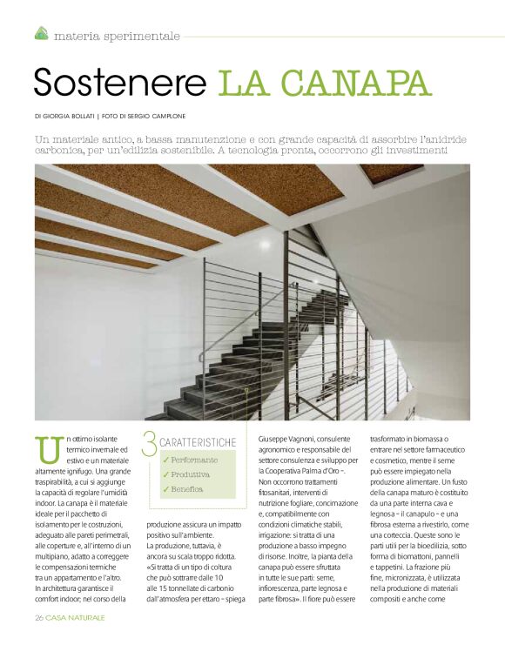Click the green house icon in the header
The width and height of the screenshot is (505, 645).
(x=41, y=34)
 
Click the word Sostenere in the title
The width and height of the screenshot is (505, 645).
(x=119, y=82)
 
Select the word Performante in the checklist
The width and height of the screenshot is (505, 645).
(x=195, y=460)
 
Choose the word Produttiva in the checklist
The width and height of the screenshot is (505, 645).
(x=191, y=474)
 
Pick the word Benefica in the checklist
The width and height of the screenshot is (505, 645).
(x=187, y=489)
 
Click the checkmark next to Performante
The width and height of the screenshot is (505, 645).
(x=165, y=460)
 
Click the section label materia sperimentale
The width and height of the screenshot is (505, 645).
(x=117, y=36)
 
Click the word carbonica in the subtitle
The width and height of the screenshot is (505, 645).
(x=63, y=151)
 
